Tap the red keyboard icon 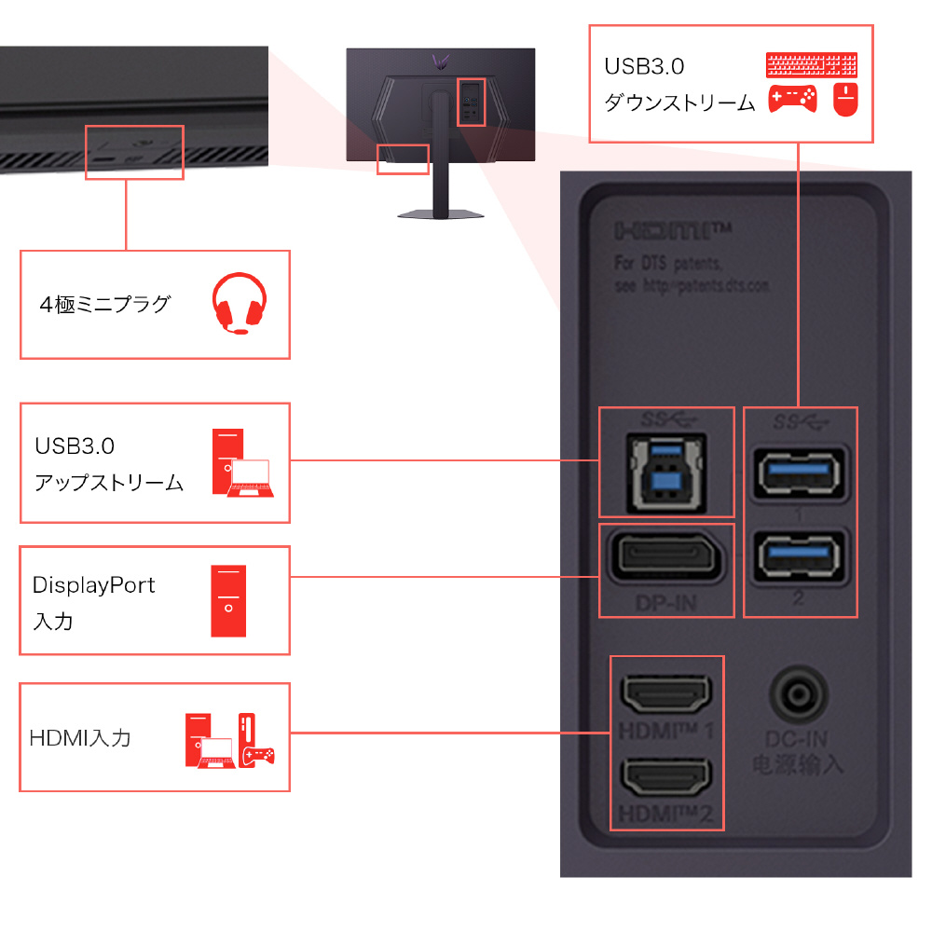pos(810,65)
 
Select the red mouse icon pos(845,99)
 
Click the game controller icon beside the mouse pos(792,99)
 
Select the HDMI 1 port pos(666,692)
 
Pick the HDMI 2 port pos(666,774)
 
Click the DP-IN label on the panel pos(665,603)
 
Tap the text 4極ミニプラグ pos(105,304)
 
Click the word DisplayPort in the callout pos(93,585)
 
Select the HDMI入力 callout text pos(80,738)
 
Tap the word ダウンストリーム pos(679,103)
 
